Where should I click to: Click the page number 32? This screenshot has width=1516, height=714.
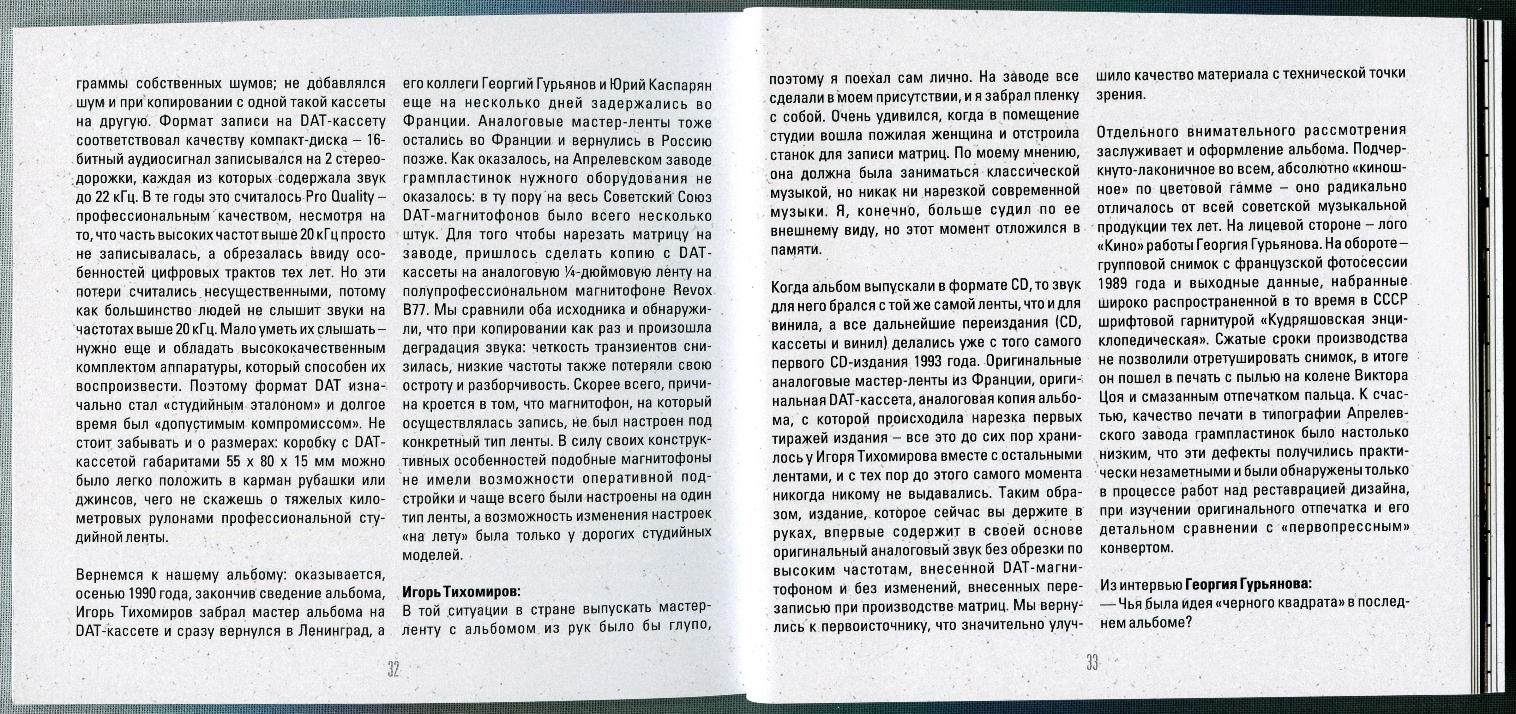coord(393,669)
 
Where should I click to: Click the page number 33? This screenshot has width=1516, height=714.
coord(1092,663)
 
